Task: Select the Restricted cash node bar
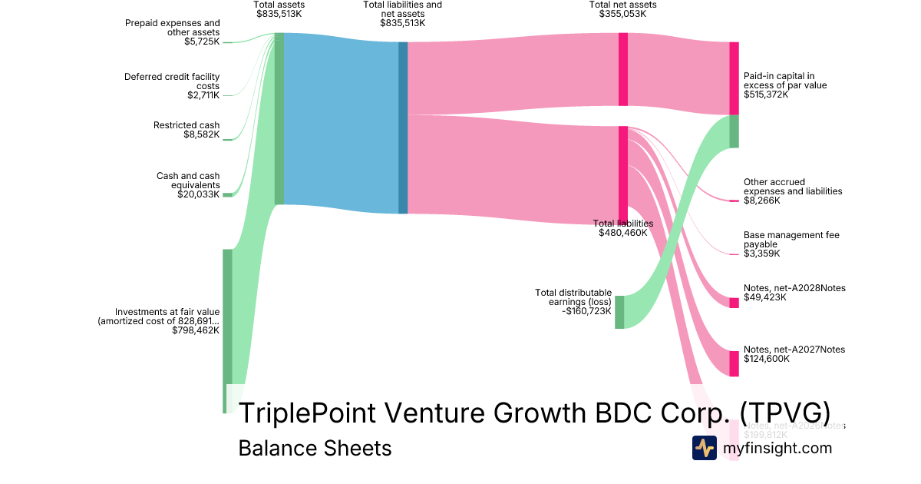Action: click(227, 139)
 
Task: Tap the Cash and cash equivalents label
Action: click(188, 181)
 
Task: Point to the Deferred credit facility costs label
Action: click(172, 81)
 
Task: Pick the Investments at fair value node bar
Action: click(227, 330)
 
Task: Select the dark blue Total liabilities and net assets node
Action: click(403, 128)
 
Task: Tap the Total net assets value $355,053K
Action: click(622, 14)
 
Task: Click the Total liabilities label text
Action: click(623, 224)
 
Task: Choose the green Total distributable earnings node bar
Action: click(619, 312)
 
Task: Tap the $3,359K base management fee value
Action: click(761, 254)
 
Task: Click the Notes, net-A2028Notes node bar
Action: click(734, 303)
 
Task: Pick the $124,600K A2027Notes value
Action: click(766, 359)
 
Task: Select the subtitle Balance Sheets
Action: click(315, 448)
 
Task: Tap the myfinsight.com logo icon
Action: click(704, 448)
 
